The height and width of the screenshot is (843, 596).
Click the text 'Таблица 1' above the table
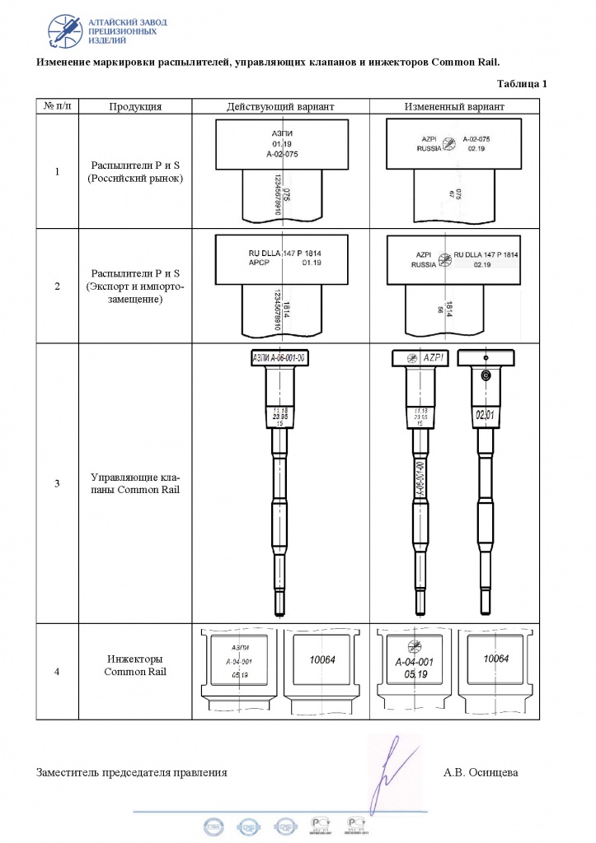coord(523,84)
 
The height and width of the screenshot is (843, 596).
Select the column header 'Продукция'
coord(135,107)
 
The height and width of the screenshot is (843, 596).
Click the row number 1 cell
coord(56,172)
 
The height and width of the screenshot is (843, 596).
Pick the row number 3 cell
coord(56,483)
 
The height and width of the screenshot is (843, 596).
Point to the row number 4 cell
coord(56,672)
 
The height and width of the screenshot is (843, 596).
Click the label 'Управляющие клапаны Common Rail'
coord(135,483)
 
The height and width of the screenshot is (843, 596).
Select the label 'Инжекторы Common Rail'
coord(135,665)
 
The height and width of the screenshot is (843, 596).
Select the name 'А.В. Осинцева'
coord(481,772)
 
